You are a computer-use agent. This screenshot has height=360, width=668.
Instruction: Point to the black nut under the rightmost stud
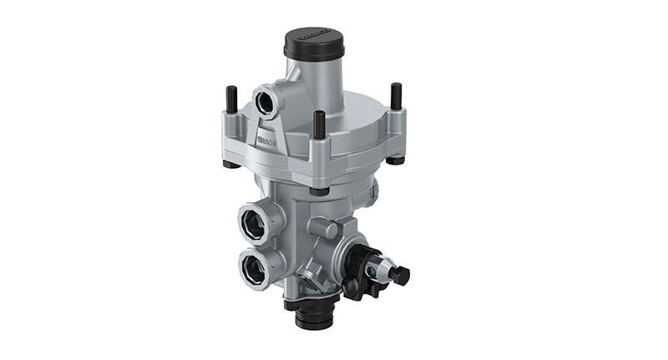(399, 159)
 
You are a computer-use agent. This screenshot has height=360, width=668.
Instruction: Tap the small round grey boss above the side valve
(321, 226)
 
